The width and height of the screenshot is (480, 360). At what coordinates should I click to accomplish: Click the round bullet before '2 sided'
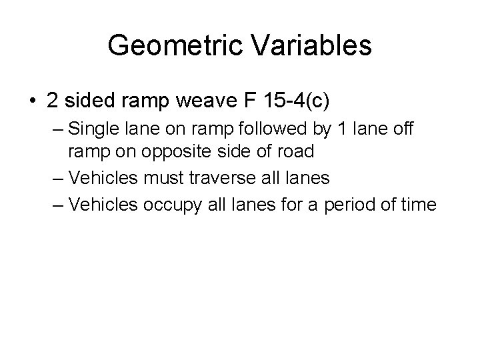pyautogui.click(x=32, y=101)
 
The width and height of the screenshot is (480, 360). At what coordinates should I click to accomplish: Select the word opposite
pyautogui.click(x=176, y=152)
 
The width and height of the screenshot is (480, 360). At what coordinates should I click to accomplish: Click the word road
pyautogui.click(x=295, y=152)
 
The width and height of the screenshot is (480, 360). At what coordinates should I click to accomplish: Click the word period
pyautogui.click(x=356, y=204)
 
